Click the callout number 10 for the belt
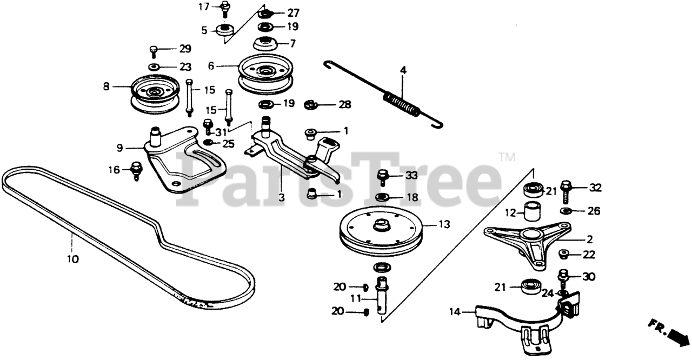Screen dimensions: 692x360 pyautogui.click(x=73, y=259)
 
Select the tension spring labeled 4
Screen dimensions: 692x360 pyautogui.click(x=400, y=103)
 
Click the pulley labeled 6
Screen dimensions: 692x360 pyautogui.click(x=266, y=72)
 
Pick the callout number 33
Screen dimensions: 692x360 pyautogui.click(x=411, y=176)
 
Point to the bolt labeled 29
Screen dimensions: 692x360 pyautogui.click(x=154, y=51)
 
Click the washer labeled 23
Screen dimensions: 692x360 pyautogui.click(x=154, y=67)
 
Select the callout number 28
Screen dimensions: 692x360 pyautogui.click(x=344, y=104)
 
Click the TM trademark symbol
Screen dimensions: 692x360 pyautogui.click(x=507, y=157)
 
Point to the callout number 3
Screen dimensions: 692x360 pyautogui.click(x=281, y=198)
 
